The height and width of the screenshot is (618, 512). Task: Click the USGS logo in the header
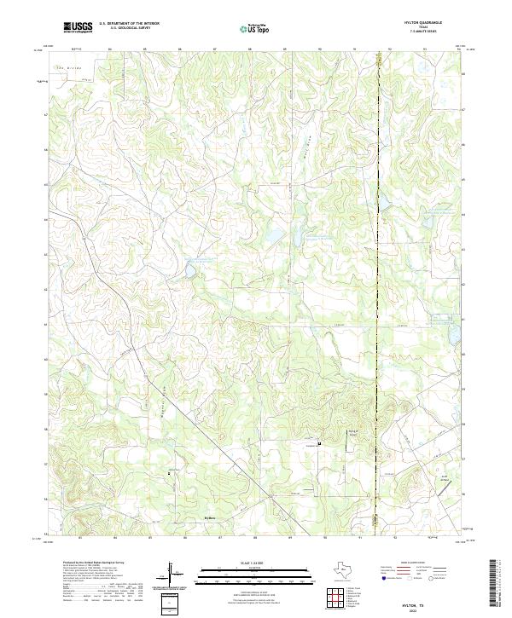79,27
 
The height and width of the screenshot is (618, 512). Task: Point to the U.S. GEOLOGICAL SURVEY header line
129,29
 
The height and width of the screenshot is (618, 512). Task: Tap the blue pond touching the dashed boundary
383,203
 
